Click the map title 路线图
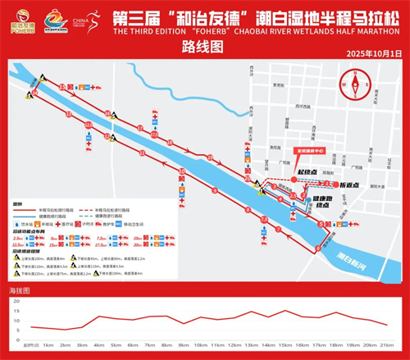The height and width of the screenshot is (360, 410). click(205, 48)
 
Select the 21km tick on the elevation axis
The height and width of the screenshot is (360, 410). click(389, 346)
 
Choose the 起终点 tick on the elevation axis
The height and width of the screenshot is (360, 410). click(30, 346)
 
